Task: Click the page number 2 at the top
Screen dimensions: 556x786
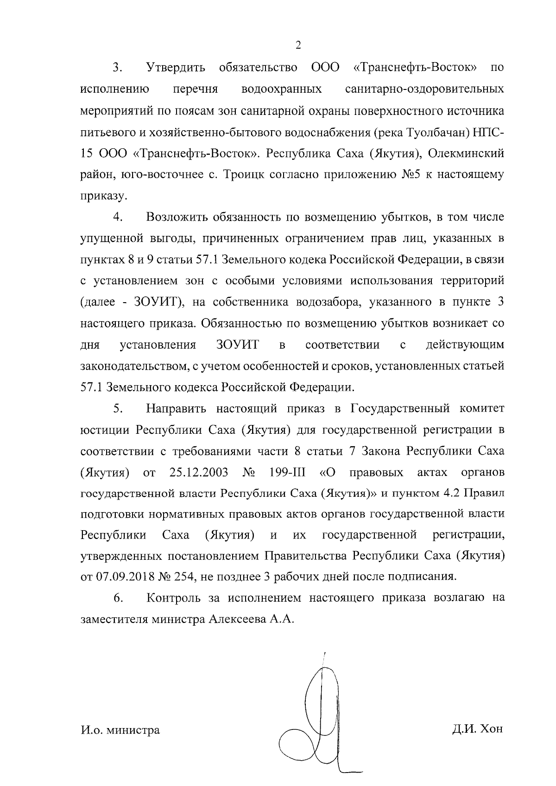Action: pos(298,45)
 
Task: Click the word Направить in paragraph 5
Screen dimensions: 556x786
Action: pos(177,409)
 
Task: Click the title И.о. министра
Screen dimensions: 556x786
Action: pos(120,730)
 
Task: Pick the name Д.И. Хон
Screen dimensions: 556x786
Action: pos(477,729)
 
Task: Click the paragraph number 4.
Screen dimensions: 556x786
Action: pos(117,217)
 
